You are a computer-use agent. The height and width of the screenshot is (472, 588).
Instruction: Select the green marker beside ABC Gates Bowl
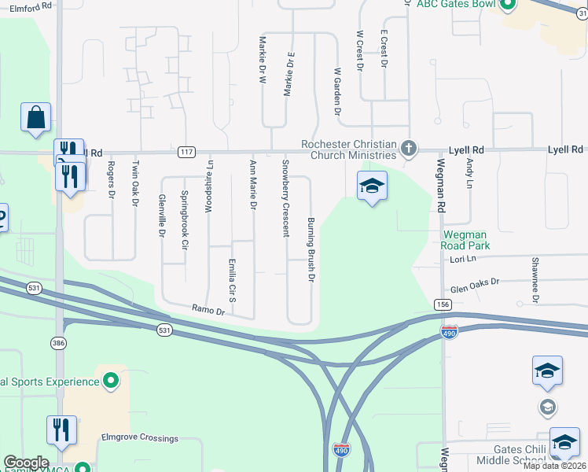tap(506, 6)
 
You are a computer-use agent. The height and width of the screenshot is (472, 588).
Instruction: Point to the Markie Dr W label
tap(262, 59)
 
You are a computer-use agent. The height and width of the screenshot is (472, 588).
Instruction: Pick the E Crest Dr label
tap(384, 49)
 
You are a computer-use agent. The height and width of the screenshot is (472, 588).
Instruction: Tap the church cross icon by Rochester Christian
tap(408, 148)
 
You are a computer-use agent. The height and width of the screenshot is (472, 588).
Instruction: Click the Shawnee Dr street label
tap(535, 280)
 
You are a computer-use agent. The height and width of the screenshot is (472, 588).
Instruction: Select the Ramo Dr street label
tap(210, 311)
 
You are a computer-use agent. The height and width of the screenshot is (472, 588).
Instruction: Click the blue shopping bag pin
tap(36, 118)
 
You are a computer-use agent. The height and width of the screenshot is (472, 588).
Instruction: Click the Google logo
tap(26, 463)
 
